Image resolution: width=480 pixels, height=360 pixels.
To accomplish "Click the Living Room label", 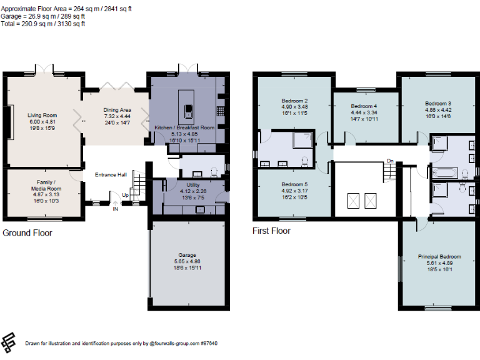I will (x=42, y=115).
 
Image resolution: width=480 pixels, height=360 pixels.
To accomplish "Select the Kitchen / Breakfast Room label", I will (x=184, y=127).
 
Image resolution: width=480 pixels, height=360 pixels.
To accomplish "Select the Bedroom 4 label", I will (x=364, y=106).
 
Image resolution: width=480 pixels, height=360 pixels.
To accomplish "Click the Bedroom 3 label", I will (x=437, y=103).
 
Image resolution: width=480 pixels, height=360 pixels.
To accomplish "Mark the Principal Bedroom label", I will (x=439, y=257).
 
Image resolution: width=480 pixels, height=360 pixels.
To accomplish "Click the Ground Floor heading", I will (x=27, y=233).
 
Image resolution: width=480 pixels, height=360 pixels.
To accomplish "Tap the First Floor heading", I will (x=271, y=231).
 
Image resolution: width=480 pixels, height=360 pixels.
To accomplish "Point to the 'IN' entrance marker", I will (x=115, y=209).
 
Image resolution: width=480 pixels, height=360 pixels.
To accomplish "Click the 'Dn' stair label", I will (x=390, y=161).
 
